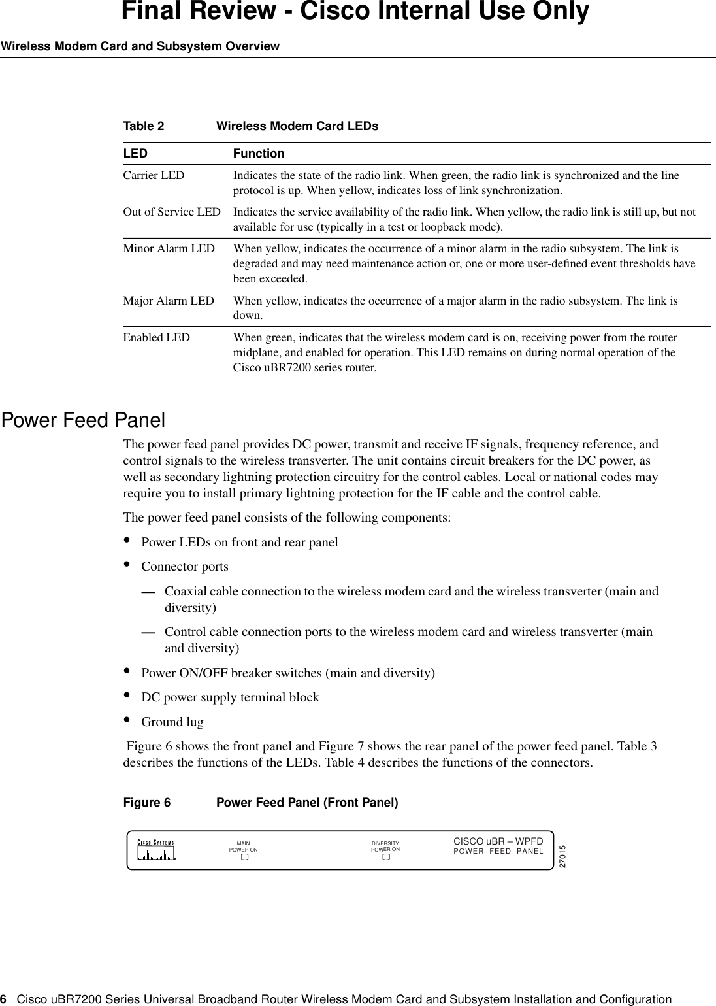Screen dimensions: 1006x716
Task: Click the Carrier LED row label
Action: (x=154, y=175)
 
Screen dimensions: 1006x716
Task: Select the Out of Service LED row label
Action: (x=172, y=212)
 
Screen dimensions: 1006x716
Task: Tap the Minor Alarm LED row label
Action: (x=169, y=248)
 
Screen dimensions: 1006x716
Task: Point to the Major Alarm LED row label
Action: (x=169, y=301)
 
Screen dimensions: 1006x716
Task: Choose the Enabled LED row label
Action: (x=157, y=337)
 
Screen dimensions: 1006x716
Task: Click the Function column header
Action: (x=259, y=154)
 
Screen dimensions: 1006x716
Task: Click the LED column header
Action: (x=135, y=154)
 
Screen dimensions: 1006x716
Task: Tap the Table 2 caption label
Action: (x=144, y=126)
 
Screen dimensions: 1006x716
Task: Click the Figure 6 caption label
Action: (x=147, y=802)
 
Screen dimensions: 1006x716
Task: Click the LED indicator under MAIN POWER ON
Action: (x=243, y=857)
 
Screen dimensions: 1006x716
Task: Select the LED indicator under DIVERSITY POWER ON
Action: (x=385, y=857)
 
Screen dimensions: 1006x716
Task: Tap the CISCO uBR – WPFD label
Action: (x=498, y=840)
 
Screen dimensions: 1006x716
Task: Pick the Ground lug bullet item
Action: (x=172, y=722)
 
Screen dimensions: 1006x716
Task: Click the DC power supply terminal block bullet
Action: (x=230, y=697)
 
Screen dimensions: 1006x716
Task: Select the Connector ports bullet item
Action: (x=185, y=566)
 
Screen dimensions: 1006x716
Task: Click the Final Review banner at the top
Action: (x=355, y=12)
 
